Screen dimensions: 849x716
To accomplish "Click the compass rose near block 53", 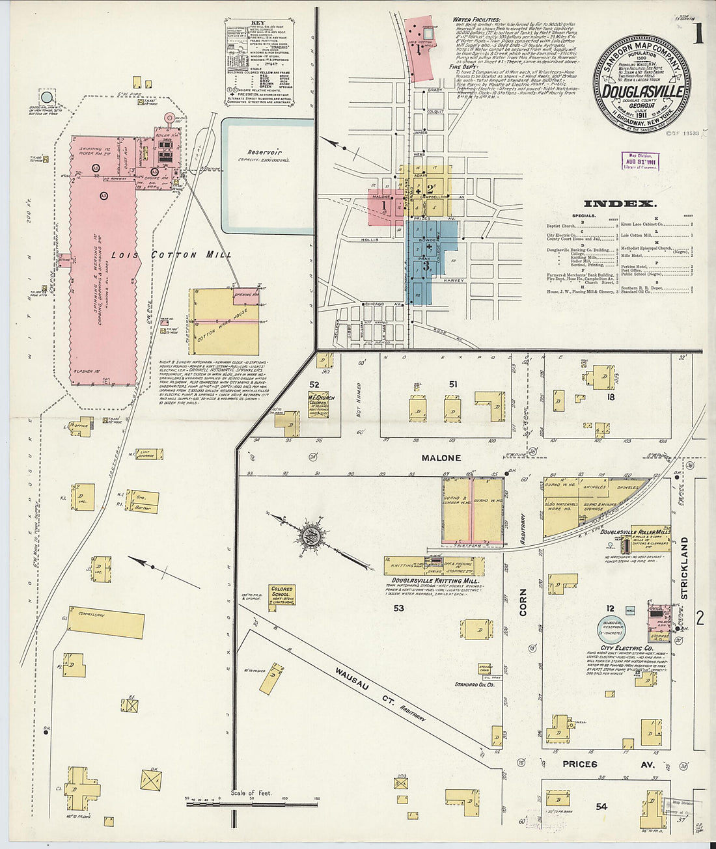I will point(310,537).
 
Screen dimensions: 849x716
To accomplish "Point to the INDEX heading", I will point(619,204).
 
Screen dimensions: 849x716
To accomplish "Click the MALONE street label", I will point(441,458).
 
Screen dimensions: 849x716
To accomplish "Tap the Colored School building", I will point(282,595).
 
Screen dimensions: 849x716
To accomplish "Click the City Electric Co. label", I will point(627,649).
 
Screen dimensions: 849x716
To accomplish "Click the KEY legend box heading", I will point(258,21).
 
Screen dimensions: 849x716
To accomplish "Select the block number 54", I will point(601,807).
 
